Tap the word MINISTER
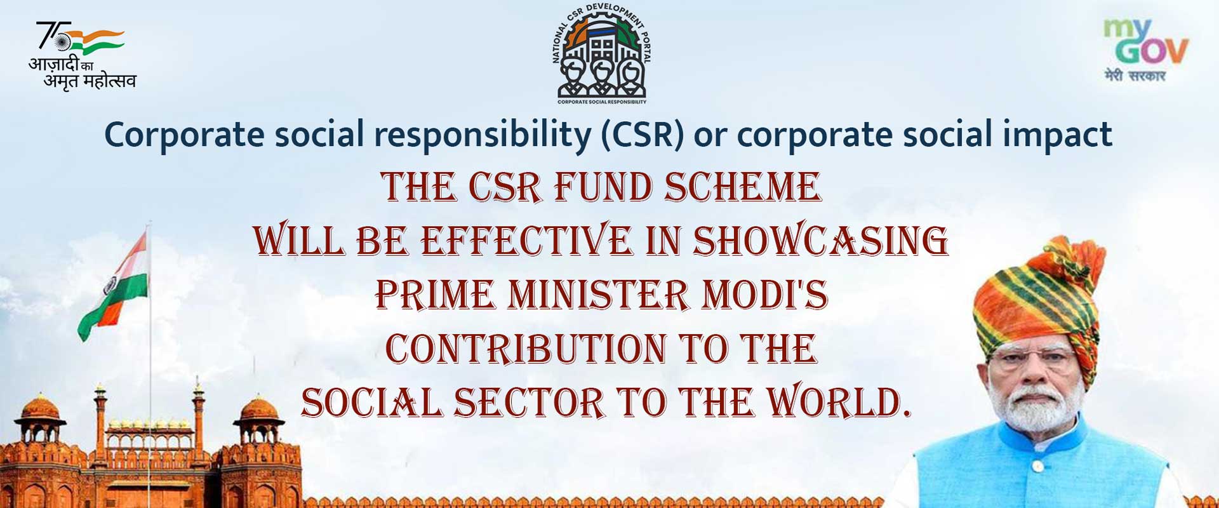click(x=597, y=295)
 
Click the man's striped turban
click(x=1038, y=298)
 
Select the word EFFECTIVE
click(x=526, y=241)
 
